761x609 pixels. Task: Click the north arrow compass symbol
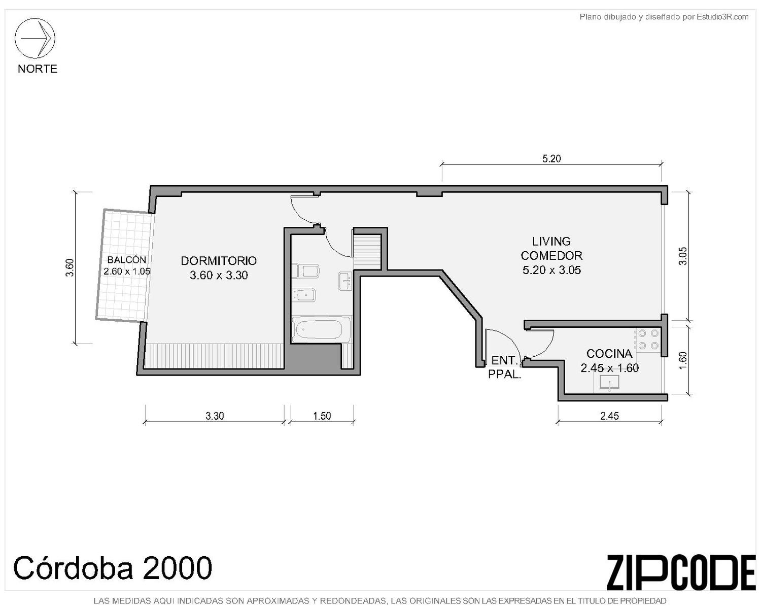pyautogui.click(x=34, y=38)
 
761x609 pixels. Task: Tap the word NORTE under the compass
pyautogui.click(x=38, y=69)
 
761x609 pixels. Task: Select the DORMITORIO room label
pyautogui.click(x=219, y=261)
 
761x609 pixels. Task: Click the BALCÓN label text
pyautogui.click(x=127, y=260)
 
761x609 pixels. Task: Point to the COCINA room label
pyautogui.click(x=609, y=354)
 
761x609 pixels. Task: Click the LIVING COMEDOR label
pyautogui.click(x=551, y=248)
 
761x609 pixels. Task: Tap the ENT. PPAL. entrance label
pyautogui.click(x=505, y=367)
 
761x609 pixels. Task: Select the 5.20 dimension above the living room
pyautogui.click(x=551, y=158)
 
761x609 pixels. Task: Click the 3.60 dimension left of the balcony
pyautogui.click(x=70, y=267)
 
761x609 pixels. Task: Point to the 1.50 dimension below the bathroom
pyautogui.click(x=322, y=416)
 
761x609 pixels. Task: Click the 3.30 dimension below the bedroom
pyautogui.click(x=215, y=416)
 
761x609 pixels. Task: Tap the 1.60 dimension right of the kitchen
pyautogui.click(x=683, y=360)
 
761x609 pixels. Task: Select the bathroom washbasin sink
pyautogui.click(x=345, y=281)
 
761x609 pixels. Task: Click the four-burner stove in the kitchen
pyautogui.click(x=648, y=340)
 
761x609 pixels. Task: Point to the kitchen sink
pyautogui.click(x=610, y=383)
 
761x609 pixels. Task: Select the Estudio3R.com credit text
pyautogui.click(x=664, y=17)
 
